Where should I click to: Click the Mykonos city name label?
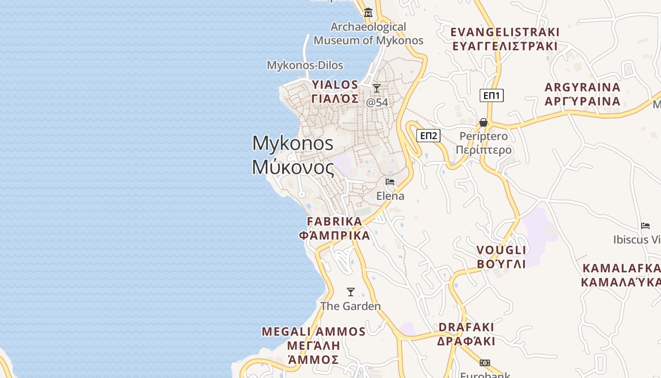293,155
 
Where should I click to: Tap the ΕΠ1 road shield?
492,95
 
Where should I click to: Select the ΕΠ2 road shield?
428,136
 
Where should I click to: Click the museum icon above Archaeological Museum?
368,12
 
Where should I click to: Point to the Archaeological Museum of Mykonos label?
368,34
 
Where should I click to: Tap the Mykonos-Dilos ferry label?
305,65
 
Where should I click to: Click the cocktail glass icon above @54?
377,88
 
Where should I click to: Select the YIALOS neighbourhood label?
335,92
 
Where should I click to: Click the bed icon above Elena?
390,181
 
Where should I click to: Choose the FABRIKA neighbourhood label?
334,228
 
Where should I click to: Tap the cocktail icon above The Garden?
351,292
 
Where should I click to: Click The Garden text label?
350,306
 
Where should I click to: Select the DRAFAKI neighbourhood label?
466,334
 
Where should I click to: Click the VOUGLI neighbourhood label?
501,257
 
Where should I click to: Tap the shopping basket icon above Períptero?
483,122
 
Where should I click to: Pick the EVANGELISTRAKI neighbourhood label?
505,39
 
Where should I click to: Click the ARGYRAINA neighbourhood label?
582,94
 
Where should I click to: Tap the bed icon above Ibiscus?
645,226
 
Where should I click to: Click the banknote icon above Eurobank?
485,363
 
